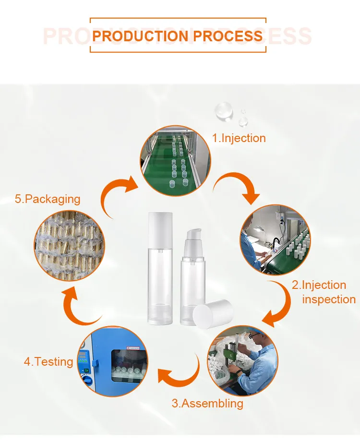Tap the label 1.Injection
239,138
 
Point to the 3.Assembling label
207,403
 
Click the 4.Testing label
48,361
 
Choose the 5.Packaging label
48,199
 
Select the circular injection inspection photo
275,239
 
